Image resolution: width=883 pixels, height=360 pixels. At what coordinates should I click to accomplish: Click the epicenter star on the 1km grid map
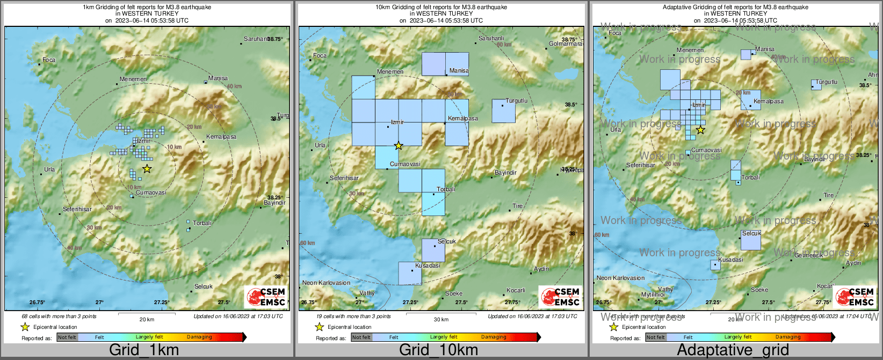(x=147, y=169)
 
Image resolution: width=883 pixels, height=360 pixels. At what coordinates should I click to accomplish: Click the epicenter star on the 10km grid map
(x=398, y=146)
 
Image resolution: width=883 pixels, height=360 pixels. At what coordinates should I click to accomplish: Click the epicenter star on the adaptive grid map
(x=700, y=129)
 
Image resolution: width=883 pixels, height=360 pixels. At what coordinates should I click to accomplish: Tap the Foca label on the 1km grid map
(x=49, y=60)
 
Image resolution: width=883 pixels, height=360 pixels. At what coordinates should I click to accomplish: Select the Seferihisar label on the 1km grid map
(x=77, y=209)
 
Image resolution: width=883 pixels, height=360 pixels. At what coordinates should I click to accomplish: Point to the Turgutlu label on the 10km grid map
(x=516, y=100)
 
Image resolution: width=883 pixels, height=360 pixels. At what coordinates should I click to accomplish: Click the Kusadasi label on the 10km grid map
(x=428, y=265)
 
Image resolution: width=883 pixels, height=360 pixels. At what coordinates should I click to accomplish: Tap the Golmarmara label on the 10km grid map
(x=565, y=44)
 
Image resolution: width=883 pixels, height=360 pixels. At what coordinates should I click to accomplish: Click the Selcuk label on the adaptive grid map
(x=751, y=233)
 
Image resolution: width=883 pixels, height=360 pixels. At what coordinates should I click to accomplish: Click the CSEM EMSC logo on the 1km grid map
(x=266, y=297)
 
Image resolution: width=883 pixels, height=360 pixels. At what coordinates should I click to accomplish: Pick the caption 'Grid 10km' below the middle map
(x=438, y=350)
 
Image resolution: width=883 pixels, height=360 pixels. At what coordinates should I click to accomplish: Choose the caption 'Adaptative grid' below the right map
(x=733, y=350)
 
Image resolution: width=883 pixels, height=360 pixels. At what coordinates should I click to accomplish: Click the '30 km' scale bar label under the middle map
(x=441, y=319)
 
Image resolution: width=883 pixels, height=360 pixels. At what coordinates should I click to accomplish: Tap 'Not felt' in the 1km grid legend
(x=67, y=337)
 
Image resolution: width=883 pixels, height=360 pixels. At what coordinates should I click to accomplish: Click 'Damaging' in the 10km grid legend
(x=493, y=337)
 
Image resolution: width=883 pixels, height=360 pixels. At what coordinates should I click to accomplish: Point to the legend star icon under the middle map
(x=319, y=327)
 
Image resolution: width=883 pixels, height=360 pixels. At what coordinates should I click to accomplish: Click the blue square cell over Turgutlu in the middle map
(x=503, y=111)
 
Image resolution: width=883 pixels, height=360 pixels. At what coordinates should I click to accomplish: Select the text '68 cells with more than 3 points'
(x=59, y=316)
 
